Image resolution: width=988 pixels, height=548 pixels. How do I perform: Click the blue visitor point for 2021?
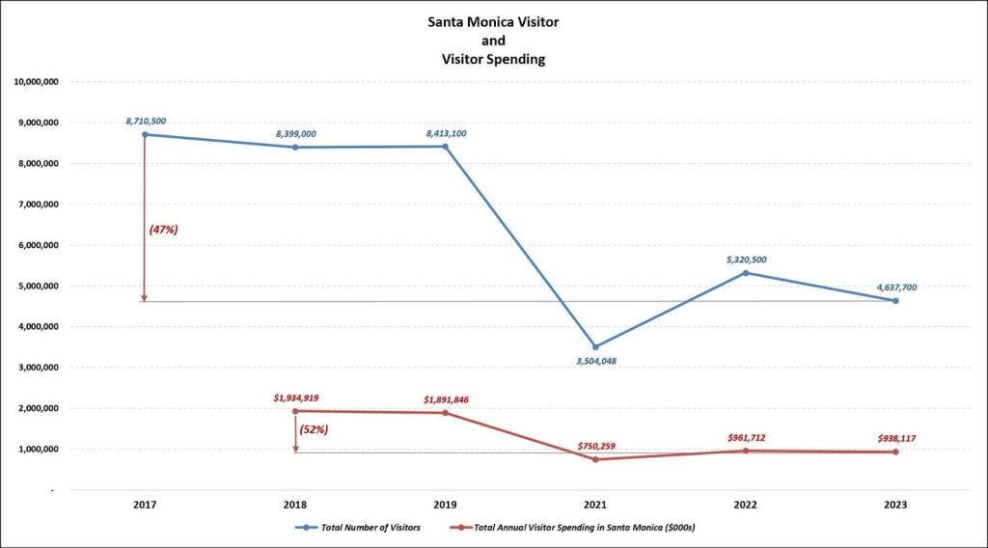[595, 346]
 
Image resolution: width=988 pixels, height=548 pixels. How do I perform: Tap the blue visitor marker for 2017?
[145, 134]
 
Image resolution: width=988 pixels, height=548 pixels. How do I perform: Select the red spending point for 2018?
[295, 411]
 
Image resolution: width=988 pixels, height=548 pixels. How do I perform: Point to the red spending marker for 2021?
[595, 459]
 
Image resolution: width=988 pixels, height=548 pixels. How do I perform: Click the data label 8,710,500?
[146, 121]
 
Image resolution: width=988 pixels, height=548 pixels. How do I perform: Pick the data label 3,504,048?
[595, 361]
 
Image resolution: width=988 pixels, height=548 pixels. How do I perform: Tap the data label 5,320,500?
[746, 260]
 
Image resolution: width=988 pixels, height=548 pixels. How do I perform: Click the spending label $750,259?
[595, 446]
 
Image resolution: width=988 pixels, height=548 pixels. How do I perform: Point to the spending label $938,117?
[895, 438]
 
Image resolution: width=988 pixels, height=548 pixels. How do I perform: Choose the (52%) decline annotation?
[315, 429]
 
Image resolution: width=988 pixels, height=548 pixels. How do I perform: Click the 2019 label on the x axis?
[445, 505]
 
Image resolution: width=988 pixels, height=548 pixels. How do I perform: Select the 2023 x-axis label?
[895, 505]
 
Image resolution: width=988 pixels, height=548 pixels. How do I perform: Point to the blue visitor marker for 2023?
[895, 301]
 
